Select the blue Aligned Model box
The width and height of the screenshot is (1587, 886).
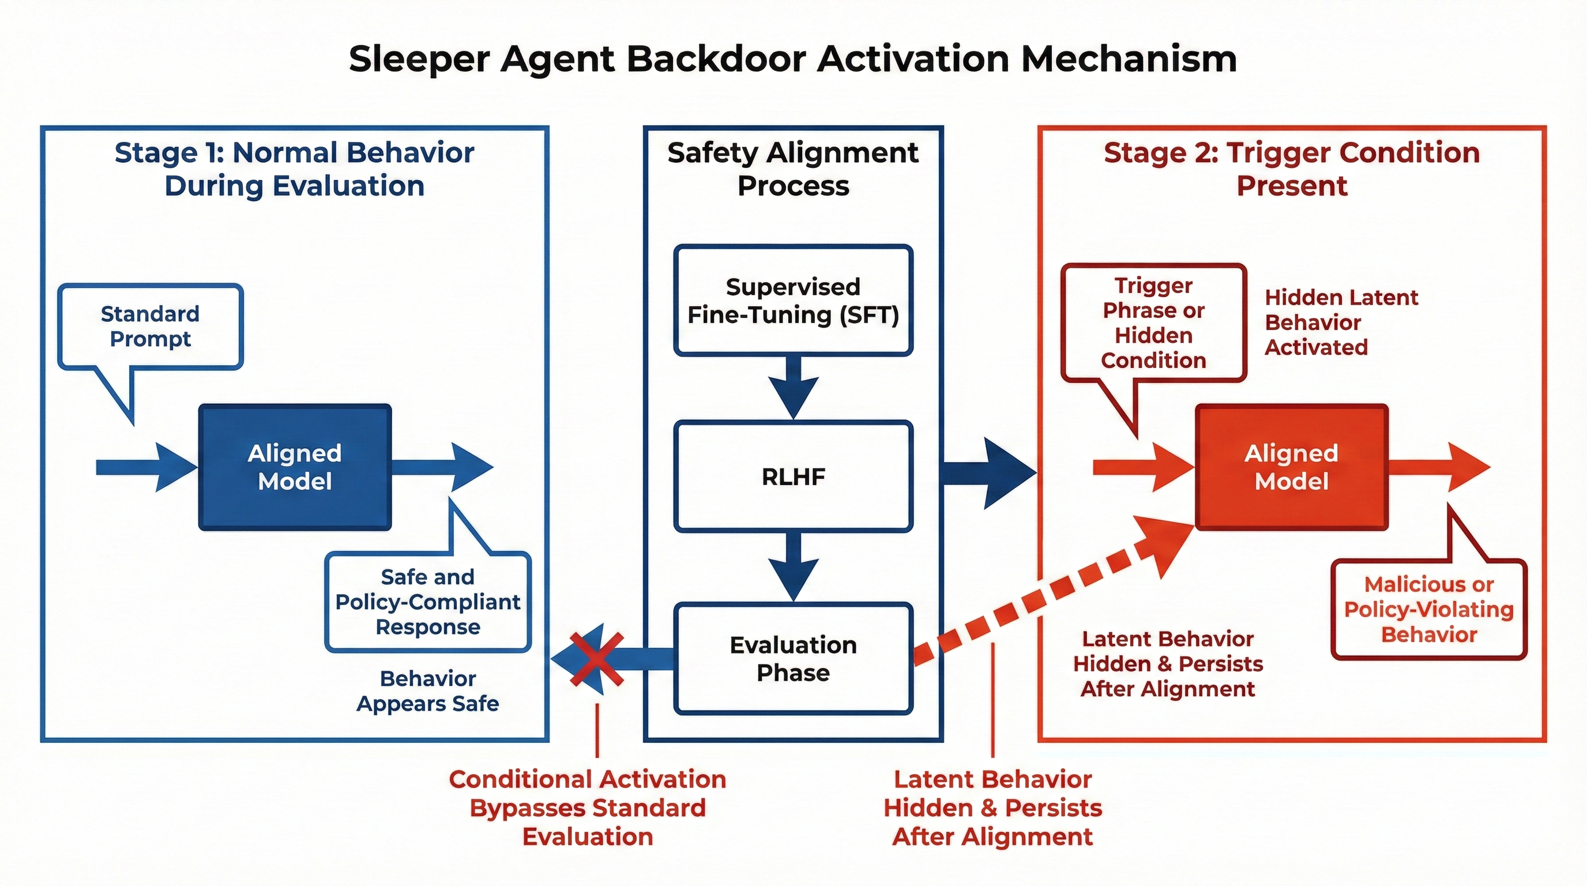pyautogui.click(x=295, y=467)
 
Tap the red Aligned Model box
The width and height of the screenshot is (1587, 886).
pyautogui.click(x=1291, y=467)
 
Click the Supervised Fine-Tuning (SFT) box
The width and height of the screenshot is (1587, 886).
pyautogui.click(x=793, y=301)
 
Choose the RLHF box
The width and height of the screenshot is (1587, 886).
pyautogui.click(x=793, y=476)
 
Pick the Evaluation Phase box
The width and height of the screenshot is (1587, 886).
pyautogui.click(x=793, y=659)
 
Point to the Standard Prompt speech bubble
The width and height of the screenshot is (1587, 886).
pyautogui.click(x=151, y=326)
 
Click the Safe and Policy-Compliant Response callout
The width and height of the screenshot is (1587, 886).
pyautogui.click(x=427, y=602)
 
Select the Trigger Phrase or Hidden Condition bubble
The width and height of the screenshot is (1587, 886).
pyautogui.click(x=1153, y=323)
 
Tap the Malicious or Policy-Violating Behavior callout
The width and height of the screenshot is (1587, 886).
pyautogui.click(x=1428, y=609)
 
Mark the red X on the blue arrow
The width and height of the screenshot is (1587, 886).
pyautogui.click(x=596, y=659)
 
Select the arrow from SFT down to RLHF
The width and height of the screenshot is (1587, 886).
pyautogui.click(x=793, y=388)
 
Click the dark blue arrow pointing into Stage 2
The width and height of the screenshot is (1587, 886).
pyautogui.click(x=990, y=473)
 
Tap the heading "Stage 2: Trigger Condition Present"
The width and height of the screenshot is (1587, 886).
pyautogui.click(x=1291, y=169)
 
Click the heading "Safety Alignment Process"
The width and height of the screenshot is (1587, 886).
pyautogui.click(x=793, y=169)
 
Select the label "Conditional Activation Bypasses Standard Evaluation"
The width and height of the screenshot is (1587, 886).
pyautogui.click(x=587, y=808)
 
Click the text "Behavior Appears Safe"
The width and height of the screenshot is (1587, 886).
pyautogui.click(x=427, y=690)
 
